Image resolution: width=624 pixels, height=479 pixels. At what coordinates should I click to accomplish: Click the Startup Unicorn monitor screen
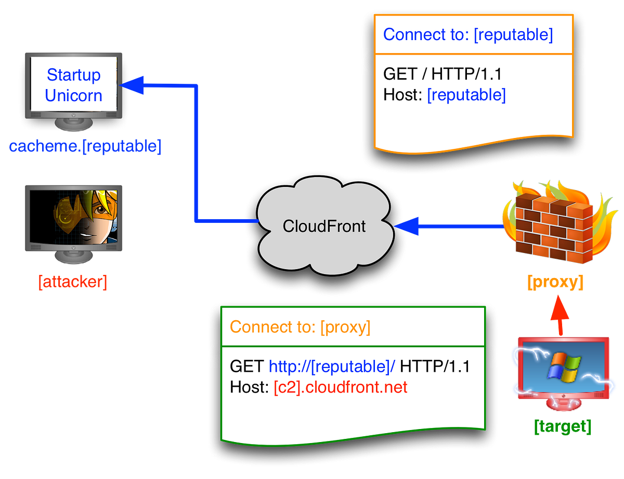(x=73, y=85)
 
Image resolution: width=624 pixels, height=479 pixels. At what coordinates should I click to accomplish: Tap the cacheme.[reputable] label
(x=85, y=147)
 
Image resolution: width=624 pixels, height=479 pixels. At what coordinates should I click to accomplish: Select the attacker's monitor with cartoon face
(x=74, y=217)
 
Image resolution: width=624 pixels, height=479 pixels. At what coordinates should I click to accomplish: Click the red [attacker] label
(x=73, y=283)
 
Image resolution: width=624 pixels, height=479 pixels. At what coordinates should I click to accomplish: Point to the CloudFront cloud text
(x=324, y=226)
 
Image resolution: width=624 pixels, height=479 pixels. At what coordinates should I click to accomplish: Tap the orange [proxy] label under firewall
(x=555, y=283)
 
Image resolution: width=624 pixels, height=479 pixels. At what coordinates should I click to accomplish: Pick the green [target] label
(x=563, y=427)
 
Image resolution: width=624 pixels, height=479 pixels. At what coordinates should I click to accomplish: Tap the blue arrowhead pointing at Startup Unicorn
(x=132, y=85)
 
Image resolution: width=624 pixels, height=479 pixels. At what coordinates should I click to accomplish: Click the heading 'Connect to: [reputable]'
(x=467, y=35)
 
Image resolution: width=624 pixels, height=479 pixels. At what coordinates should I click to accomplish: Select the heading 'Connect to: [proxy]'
(x=300, y=327)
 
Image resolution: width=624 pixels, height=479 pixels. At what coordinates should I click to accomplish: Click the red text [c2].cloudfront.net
(x=341, y=387)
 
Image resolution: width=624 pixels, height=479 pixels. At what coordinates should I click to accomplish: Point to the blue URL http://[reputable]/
(x=332, y=366)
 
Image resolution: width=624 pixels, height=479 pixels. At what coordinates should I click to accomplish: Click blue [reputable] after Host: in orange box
(x=466, y=95)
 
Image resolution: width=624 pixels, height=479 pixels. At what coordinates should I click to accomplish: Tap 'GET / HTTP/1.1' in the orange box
(x=442, y=74)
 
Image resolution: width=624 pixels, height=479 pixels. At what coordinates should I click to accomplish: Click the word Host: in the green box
(x=249, y=387)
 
